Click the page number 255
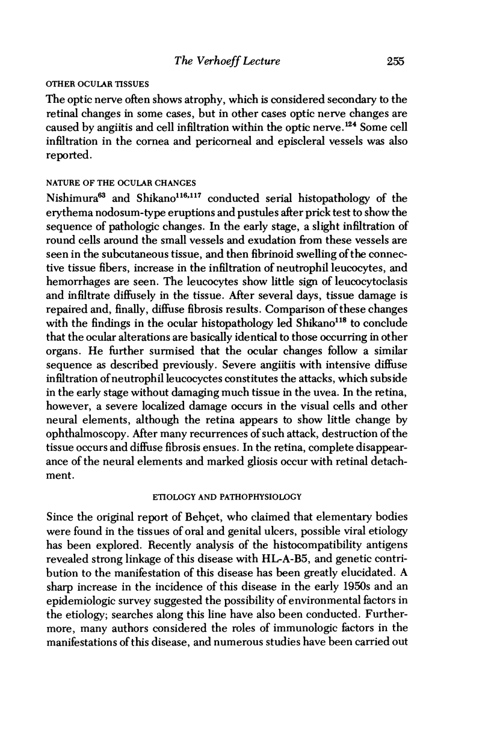tap(391, 61)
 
